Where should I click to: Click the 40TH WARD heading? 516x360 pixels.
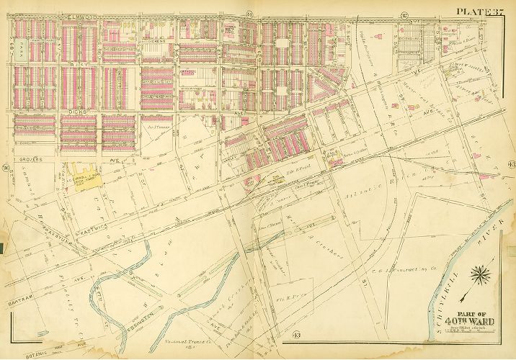click(x=469, y=321)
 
